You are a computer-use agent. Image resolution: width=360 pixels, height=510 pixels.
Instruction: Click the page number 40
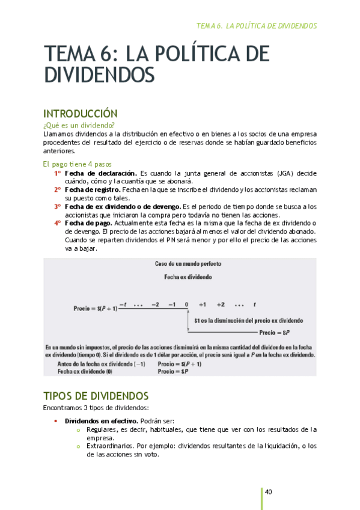point(269,493)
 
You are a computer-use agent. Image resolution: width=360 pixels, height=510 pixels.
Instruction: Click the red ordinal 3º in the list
point(57,206)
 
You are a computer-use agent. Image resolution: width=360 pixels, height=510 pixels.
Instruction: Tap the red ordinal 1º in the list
point(57,173)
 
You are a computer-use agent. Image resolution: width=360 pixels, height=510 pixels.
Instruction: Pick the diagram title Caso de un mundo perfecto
point(188,264)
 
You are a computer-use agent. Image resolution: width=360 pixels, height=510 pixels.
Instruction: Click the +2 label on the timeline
point(221,305)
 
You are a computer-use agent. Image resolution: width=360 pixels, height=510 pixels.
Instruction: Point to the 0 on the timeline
point(187,305)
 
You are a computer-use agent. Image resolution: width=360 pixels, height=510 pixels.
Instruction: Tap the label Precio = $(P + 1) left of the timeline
point(95,308)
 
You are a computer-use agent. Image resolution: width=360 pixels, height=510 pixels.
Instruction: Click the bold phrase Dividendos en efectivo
point(100,421)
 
